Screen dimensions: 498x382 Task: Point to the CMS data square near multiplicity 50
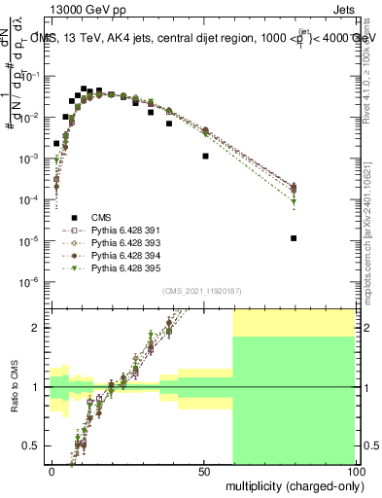pyautogui.click(x=205, y=156)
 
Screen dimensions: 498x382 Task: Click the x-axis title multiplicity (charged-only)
pyautogui.click(x=290, y=484)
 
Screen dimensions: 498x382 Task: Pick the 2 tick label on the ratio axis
pyautogui.click(x=38, y=328)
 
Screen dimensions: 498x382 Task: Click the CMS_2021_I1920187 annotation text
pyautogui.click(x=203, y=289)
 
